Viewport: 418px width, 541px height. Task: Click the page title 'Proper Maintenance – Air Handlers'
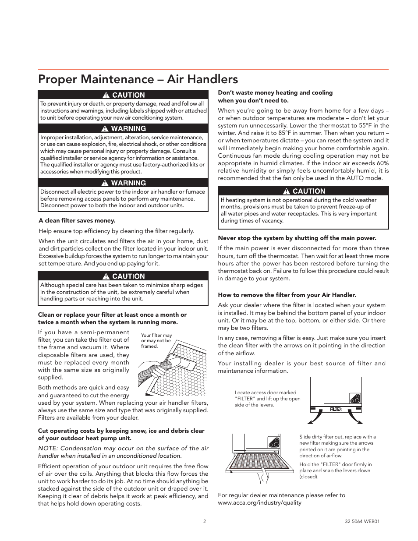(x=138, y=79)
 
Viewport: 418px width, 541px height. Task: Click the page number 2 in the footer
(x=204, y=521)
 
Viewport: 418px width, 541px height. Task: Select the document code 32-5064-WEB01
(x=362, y=521)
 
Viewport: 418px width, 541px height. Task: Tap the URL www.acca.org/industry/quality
(x=259, y=502)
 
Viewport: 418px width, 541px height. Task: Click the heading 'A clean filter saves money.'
(x=77, y=220)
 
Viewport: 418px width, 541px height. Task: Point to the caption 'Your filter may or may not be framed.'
(x=156, y=340)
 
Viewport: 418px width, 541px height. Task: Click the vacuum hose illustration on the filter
(x=162, y=368)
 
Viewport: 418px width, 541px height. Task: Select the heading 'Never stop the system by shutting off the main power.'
(x=297, y=238)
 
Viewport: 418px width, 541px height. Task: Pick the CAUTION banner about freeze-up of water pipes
(x=303, y=191)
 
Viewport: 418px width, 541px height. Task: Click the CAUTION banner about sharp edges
(x=123, y=276)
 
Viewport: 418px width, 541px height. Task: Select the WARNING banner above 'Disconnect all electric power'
(x=123, y=183)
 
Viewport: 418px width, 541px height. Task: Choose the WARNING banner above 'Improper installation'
(x=123, y=128)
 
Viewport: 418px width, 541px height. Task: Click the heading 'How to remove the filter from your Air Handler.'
(x=287, y=295)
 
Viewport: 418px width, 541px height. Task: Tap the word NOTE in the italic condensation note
(x=47, y=448)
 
